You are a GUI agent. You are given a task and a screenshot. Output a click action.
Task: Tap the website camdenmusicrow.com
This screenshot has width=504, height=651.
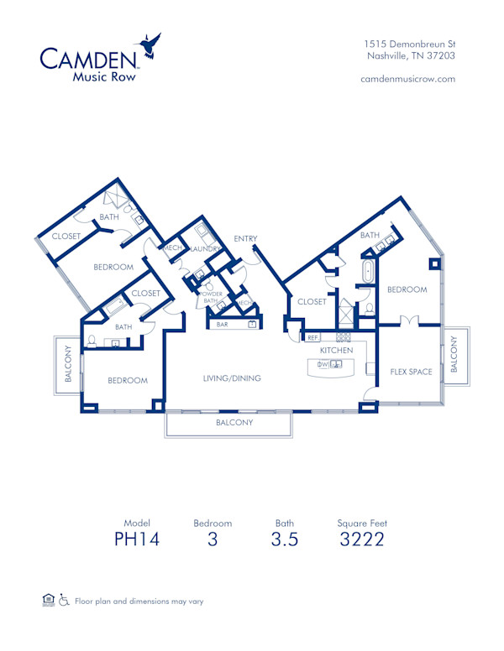point(407,78)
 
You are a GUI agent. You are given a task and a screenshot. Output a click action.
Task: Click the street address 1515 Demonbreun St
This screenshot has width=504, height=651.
point(410,44)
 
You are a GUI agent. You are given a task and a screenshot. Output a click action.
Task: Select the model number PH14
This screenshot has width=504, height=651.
point(136,539)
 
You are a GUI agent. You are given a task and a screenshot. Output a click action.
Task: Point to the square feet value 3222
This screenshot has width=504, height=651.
point(362,539)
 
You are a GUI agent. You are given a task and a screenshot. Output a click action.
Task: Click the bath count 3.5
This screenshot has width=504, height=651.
point(284,539)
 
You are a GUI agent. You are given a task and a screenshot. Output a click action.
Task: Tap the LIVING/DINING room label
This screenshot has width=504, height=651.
point(232,378)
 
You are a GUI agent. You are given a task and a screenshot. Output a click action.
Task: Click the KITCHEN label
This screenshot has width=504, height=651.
point(336,350)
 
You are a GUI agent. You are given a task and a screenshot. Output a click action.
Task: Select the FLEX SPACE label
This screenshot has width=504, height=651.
point(411,372)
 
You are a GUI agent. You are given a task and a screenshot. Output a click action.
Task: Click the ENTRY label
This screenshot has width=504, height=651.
point(245,239)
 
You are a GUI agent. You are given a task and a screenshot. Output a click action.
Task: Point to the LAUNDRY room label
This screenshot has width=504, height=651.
point(205,249)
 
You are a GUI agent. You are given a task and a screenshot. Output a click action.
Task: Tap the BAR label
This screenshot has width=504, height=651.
point(223,324)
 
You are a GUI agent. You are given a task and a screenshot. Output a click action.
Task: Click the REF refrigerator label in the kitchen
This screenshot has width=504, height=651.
point(312,337)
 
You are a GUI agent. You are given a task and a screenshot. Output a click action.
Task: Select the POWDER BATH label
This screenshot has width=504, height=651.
point(212,297)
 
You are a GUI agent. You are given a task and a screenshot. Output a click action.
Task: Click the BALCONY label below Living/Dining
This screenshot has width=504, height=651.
point(234,423)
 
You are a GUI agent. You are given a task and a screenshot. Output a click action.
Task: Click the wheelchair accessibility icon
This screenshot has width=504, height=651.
point(65,601)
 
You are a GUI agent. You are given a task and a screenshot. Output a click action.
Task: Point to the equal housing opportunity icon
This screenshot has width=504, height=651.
point(48,601)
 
